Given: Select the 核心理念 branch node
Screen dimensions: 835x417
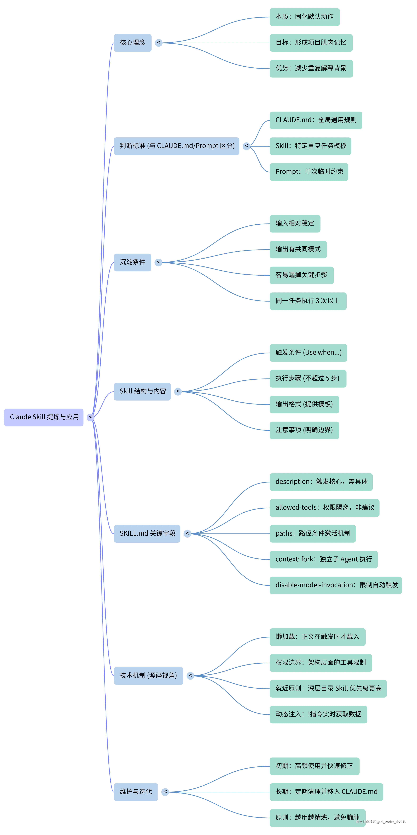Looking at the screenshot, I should point(132,42).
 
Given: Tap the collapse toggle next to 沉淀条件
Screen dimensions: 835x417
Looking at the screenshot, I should point(158,262).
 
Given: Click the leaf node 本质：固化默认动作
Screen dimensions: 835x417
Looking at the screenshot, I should point(304,16).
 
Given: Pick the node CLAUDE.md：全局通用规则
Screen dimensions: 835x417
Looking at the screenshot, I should point(316,120).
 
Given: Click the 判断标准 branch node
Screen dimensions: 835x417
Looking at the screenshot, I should point(177,146).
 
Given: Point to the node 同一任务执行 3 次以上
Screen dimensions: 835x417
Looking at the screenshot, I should point(308,301).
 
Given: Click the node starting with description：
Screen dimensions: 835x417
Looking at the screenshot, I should point(321,482).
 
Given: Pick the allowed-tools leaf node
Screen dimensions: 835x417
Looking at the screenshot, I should point(324,508).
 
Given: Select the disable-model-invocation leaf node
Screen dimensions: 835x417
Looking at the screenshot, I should point(336,585).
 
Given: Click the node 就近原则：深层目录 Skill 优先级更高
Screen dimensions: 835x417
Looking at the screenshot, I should point(328,688).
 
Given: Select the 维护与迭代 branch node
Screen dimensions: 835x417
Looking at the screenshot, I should point(135,792).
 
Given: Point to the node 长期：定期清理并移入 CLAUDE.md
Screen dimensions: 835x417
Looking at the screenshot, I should point(326,792).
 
